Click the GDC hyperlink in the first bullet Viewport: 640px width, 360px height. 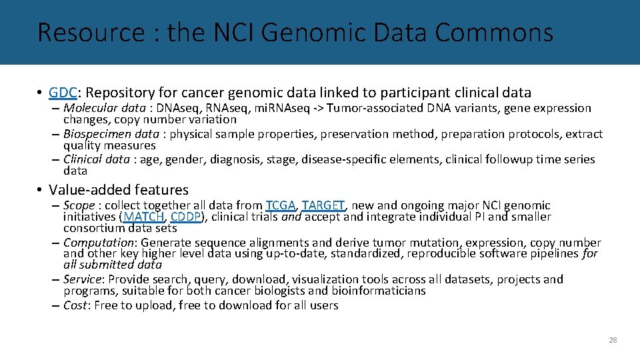coord(61,93)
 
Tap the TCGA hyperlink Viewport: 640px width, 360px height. coord(280,205)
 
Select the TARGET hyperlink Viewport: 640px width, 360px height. coord(323,205)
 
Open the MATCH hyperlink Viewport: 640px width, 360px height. coord(143,217)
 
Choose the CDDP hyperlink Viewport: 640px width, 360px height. coord(185,217)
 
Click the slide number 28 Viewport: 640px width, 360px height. coord(613,340)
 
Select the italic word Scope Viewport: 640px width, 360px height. coord(79,205)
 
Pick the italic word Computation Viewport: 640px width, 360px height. coord(99,243)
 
